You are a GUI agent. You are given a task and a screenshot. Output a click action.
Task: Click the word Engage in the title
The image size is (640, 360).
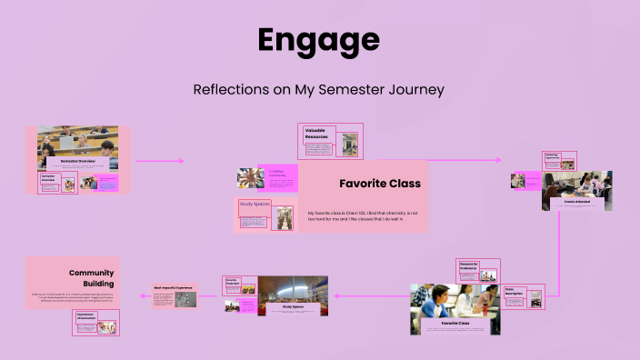(318, 41)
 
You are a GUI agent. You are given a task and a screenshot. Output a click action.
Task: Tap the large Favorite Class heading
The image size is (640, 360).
(379, 184)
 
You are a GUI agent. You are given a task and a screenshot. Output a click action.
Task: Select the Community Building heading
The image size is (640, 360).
(91, 277)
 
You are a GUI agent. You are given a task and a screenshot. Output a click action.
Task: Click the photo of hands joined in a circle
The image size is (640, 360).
(250, 177)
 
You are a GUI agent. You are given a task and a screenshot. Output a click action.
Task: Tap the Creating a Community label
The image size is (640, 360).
(277, 173)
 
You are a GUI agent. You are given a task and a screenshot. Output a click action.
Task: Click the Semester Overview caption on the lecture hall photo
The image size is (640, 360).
(77, 161)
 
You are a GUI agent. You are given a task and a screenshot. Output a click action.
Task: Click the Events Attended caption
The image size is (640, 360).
(576, 202)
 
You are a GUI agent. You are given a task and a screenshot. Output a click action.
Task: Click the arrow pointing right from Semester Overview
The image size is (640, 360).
(159, 161)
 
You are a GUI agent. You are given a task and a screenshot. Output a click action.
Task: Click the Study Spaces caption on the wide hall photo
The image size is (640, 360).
(293, 306)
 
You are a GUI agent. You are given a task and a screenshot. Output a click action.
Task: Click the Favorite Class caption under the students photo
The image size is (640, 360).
(455, 323)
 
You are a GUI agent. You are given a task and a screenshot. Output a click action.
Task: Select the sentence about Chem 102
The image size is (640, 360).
(363, 215)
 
